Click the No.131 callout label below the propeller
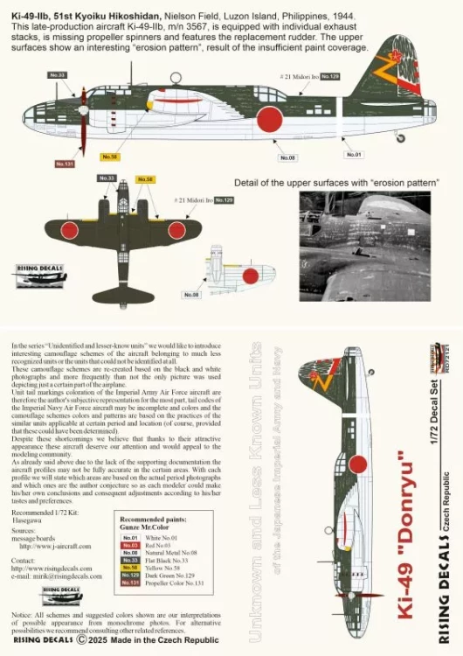coord(64,163)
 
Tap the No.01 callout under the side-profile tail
coord(354,155)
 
